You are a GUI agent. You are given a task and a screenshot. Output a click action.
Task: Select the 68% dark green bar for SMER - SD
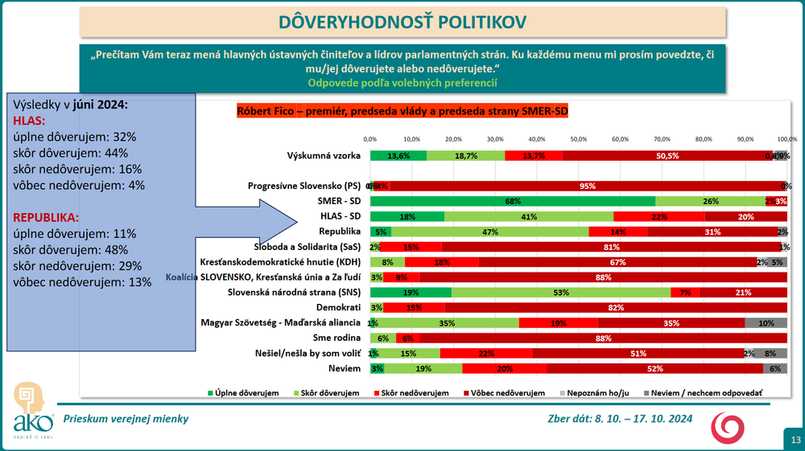513,200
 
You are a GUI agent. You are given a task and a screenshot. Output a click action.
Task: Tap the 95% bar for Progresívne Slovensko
587,186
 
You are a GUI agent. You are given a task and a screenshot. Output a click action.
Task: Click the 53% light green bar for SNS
560,292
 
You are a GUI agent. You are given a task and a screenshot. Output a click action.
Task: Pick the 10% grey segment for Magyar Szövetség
766,322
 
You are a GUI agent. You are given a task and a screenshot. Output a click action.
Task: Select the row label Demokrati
338,307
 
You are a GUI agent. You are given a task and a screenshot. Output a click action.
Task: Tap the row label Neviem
343,368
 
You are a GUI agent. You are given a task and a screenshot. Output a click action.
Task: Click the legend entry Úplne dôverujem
244,393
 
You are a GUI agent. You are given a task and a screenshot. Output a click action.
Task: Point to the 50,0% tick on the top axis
579,139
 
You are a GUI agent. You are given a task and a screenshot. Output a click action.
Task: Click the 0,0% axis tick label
370,139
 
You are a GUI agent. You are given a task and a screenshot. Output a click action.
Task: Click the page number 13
794,439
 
